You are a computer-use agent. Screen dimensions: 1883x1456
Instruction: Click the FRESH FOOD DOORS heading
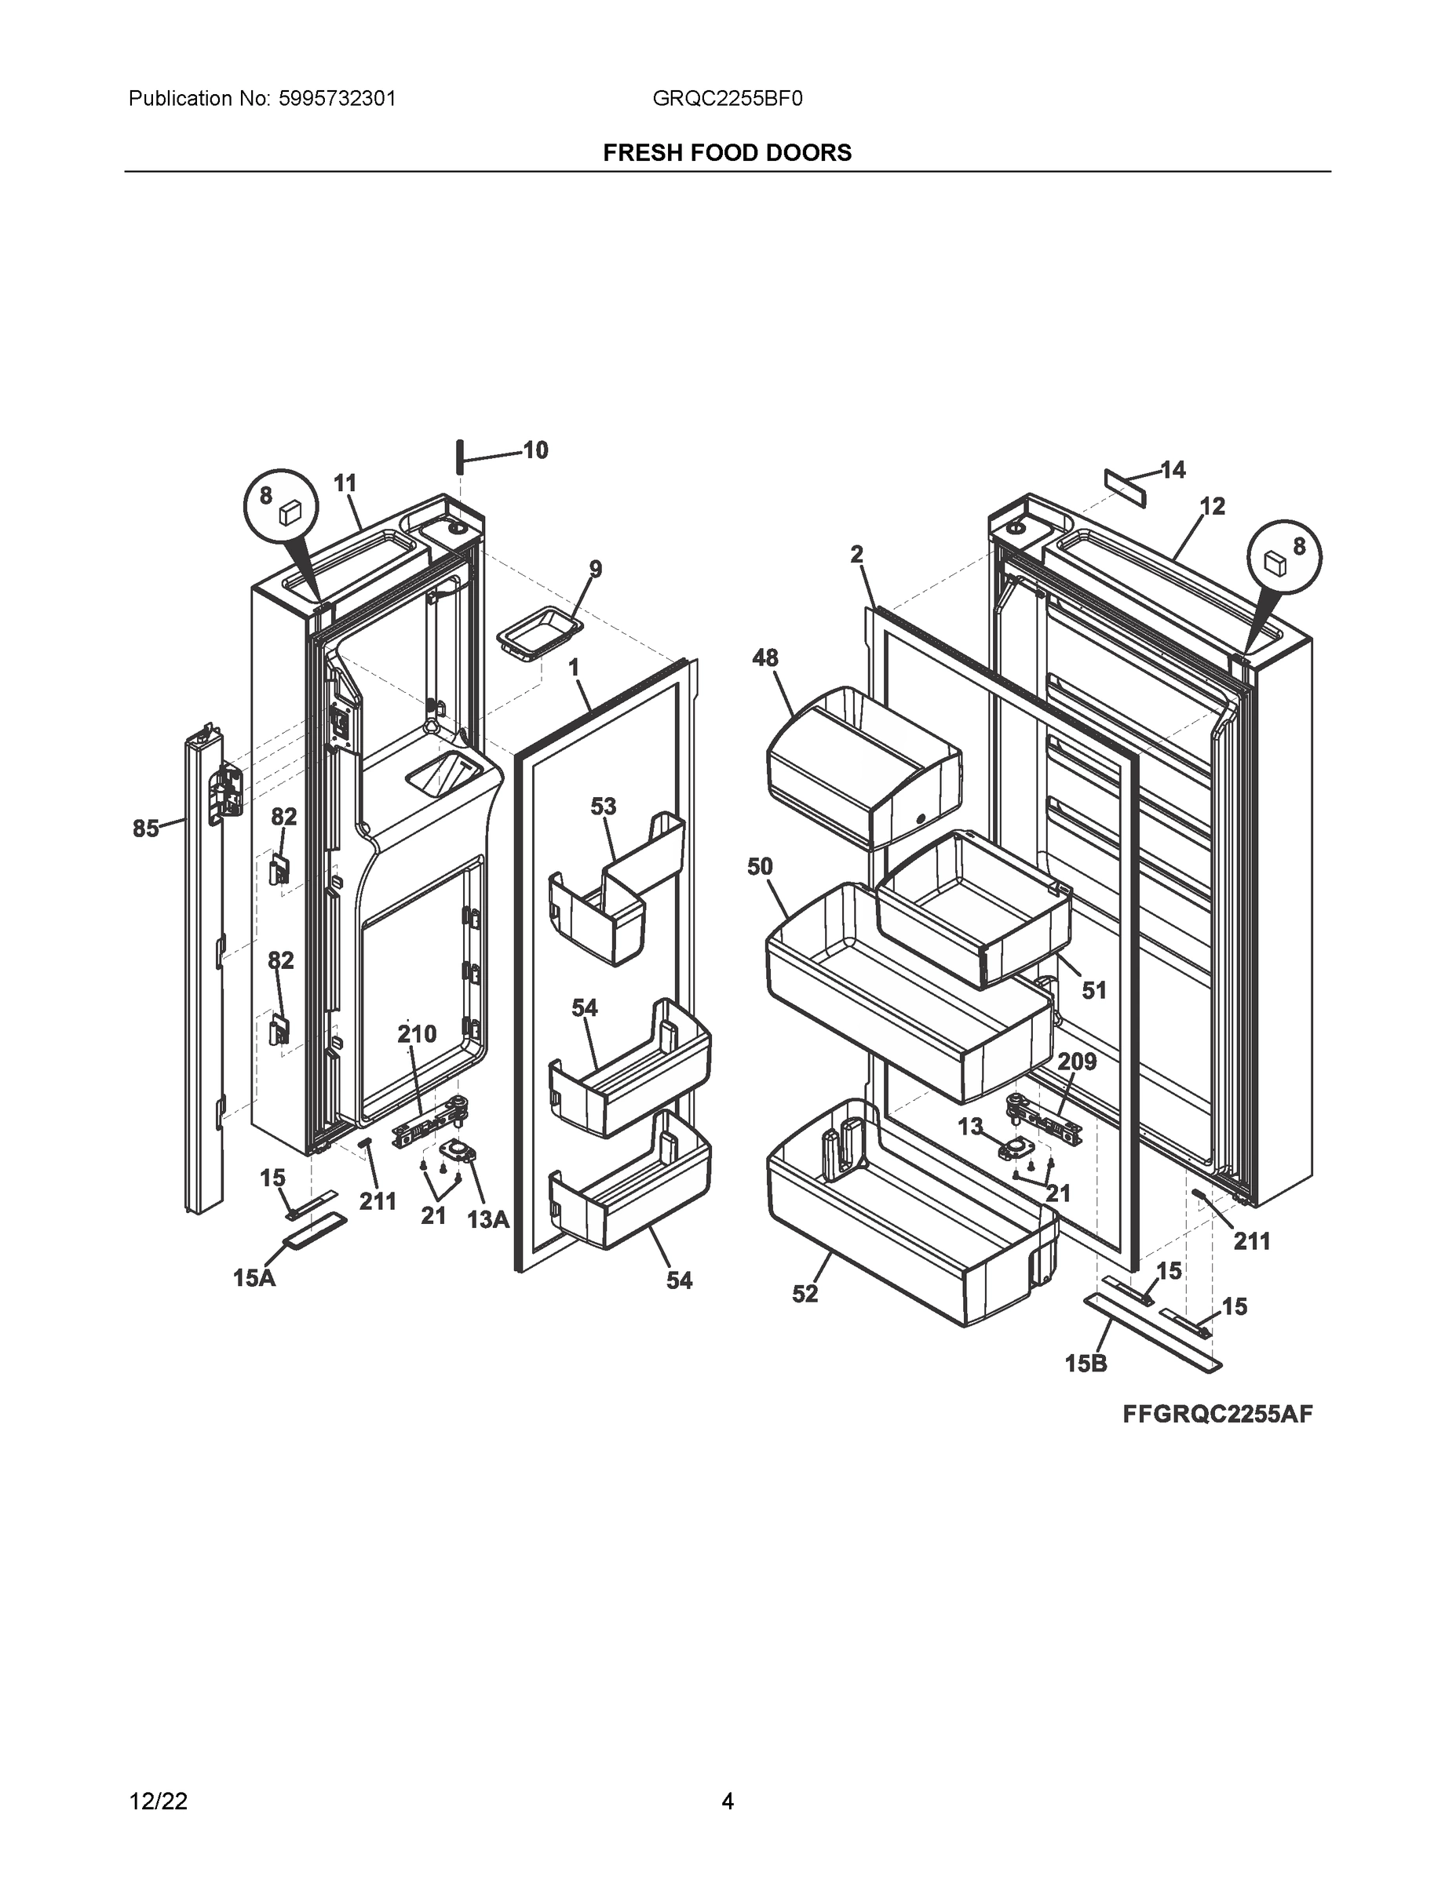pyautogui.click(x=727, y=153)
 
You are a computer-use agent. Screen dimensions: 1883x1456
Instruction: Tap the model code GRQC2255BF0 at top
pyautogui.click(x=727, y=98)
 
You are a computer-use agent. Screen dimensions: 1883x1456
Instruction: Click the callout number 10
pyautogui.click(x=535, y=450)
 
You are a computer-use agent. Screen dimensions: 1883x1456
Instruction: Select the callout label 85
pyautogui.click(x=145, y=829)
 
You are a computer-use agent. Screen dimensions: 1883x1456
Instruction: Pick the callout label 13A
pyautogui.click(x=488, y=1219)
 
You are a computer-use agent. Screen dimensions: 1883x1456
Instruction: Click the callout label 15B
pyautogui.click(x=1086, y=1363)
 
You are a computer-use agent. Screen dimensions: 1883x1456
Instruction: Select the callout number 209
pyautogui.click(x=1076, y=1062)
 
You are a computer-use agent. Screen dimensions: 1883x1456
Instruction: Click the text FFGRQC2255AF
pyautogui.click(x=1217, y=1414)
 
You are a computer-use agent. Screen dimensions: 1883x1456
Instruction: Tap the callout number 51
pyautogui.click(x=1093, y=990)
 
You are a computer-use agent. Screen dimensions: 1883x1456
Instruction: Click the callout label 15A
pyautogui.click(x=254, y=1278)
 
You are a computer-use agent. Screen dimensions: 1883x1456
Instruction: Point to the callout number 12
pyautogui.click(x=1212, y=506)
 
